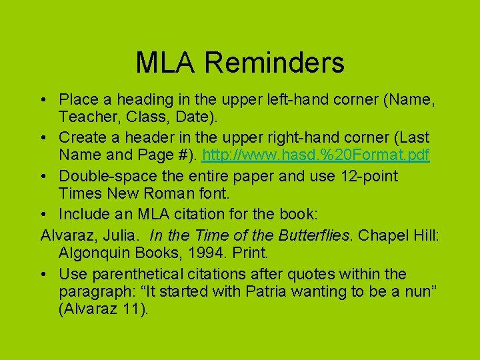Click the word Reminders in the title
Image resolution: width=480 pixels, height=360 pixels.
point(275,63)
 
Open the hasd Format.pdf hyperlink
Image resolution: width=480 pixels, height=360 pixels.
point(315,155)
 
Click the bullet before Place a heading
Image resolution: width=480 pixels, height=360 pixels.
point(43,99)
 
